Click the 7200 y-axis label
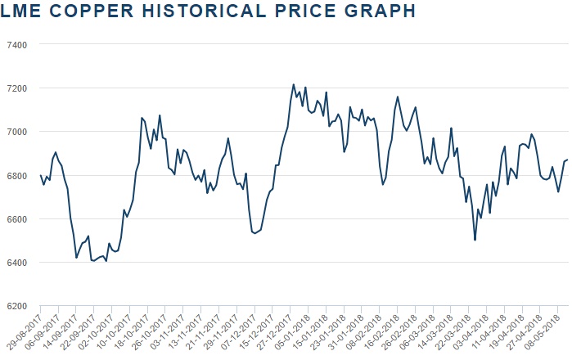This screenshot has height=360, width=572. point(18,88)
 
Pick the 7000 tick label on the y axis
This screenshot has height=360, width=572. point(18,132)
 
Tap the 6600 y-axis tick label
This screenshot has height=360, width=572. point(18,219)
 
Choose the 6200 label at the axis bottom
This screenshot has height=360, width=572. point(18,306)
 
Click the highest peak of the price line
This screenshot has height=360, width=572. point(294,84)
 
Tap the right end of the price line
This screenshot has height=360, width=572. point(567,160)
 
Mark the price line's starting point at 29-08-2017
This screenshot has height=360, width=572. point(41,175)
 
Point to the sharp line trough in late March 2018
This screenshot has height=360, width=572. point(475,240)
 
